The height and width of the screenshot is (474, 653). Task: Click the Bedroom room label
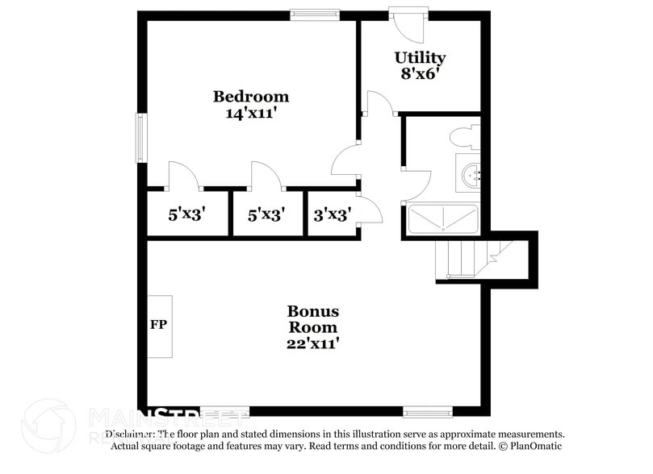(x=250, y=97)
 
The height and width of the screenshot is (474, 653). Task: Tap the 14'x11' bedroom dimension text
(x=250, y=114)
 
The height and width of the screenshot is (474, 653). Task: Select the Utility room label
(x=420, y=57)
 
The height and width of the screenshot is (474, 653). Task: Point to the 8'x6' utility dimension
(x=420, y=74)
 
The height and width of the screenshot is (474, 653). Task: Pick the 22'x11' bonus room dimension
(x=312, y=344)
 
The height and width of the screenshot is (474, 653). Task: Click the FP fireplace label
(x=158, y=326)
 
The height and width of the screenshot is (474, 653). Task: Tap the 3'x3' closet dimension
(x=330, y=215)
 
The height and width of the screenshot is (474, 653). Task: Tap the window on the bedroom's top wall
(x=315, y=14)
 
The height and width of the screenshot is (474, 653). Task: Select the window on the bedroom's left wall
(x=141, y=138)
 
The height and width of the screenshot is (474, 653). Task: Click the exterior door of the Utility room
(x=408, y=24)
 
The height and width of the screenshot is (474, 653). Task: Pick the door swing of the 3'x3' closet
(x=370, y=210)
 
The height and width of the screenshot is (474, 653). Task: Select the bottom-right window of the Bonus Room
(x=428, y=412)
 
